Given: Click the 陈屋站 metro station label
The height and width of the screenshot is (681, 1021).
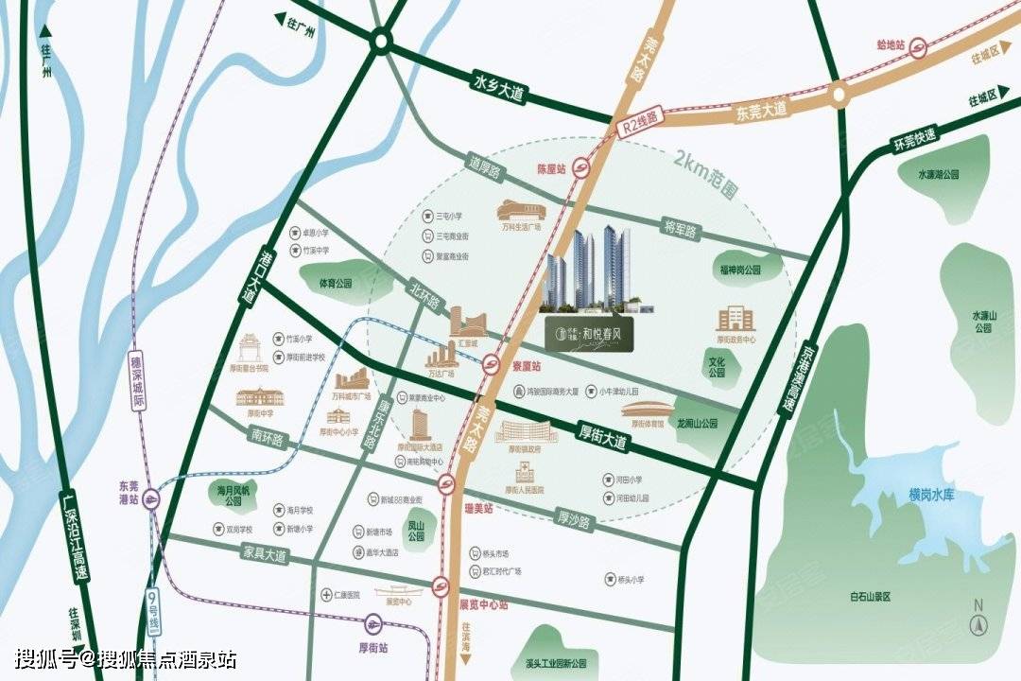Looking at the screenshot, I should pos(551,169).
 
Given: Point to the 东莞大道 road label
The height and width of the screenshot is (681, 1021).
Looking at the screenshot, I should pos(760,110).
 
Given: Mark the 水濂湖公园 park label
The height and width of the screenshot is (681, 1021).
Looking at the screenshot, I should pos(938,174).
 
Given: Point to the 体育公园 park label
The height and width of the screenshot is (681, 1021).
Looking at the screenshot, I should pos(335,283).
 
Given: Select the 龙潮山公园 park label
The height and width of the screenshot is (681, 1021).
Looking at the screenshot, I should pos(697,424).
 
